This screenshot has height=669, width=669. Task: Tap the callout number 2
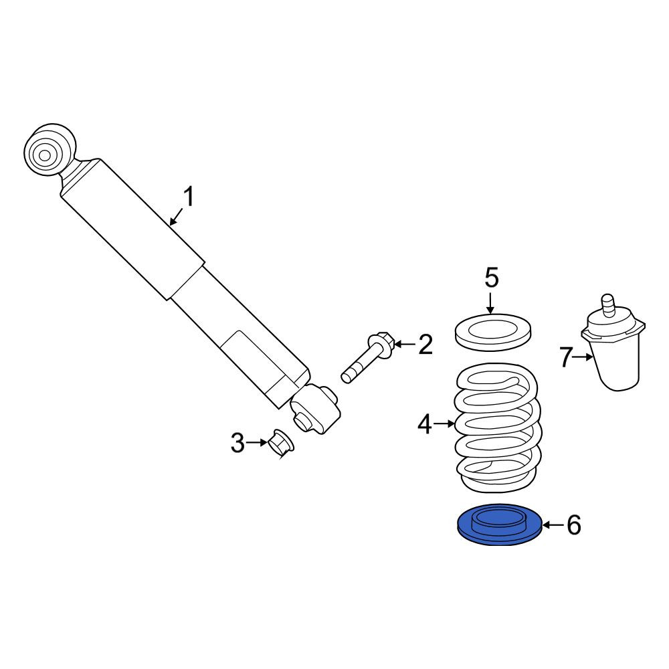[x=425, y=344]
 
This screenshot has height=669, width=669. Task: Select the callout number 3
[x=237, y=442]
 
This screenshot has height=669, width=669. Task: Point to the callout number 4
[x=425, y=424]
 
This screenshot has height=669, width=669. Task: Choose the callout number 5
[x=491, y=278]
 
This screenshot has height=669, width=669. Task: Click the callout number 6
[x=574, y=524]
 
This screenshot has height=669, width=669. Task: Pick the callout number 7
[x=566, y=357]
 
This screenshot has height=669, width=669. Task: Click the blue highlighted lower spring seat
[x=499, y=524]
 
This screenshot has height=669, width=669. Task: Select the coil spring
[x=498, y=427]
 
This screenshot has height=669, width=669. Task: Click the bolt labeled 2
[x=369, y=357]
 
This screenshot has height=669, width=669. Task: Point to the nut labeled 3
[x=281, y=444]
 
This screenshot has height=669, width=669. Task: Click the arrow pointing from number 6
[x=553, y=524]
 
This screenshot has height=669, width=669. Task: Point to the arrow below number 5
[x=491, y=303]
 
